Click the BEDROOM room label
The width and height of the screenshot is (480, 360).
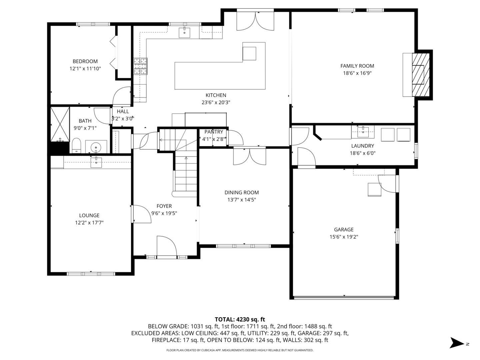pyautogui.click(x=85, y=61)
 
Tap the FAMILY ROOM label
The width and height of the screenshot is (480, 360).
pyautogui.click(x=357, y=66)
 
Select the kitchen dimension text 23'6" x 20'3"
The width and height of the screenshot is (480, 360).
pyautogui.click(x=216, y=102)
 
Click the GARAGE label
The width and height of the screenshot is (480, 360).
pyautogui.click(x=344, y=230)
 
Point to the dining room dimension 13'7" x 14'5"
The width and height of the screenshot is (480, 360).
pyautogui.click(x=242, y=200)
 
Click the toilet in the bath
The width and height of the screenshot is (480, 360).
pyautogui.click(x=76, y=145)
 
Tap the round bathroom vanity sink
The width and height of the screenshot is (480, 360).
pyautogui.click(x=96, y=146)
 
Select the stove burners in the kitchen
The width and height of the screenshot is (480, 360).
pyautogui.click(x=141, y=66)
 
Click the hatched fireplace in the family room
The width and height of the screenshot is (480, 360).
pyautogui.click(x=421, y=75)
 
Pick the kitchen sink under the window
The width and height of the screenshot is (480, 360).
pyautogui.click(x=184, y=32)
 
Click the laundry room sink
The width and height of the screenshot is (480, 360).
pyautogui.click(x=363, y=132)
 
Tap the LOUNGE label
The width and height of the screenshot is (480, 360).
pyautogui.click(x=89, y=215)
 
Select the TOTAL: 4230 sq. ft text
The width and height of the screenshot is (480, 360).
pyautogui.click(x=240, y=319)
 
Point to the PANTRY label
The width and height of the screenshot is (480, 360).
pyautogui.click(x=214, y=132)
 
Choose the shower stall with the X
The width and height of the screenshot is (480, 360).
pyautogui.click(x=60, y=124)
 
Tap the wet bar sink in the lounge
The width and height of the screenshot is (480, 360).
pyautogui.click(x=96, y=162)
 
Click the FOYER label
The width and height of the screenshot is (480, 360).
pyautogui.click(x=164, y=206)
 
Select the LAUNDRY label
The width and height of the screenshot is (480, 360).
pyautogui.click(x=363, y=146)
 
